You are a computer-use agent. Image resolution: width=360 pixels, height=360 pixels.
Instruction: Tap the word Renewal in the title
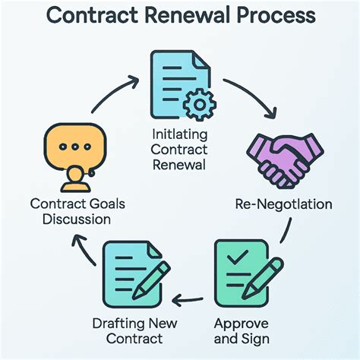(x=190, y=16)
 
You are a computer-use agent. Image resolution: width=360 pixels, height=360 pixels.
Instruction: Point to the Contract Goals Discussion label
(x=70, y=212)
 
